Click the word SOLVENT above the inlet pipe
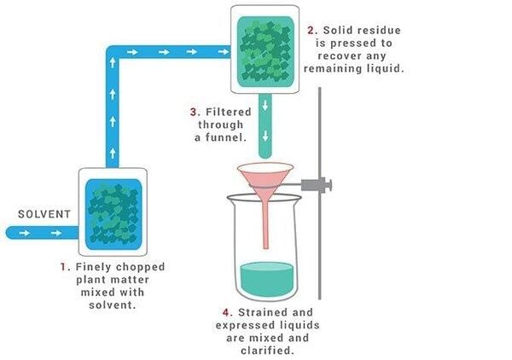coord(44,214)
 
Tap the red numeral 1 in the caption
coord(64,267)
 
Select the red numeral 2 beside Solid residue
coord(311,31)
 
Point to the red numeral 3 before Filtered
coord(195,113)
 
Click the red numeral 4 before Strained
coord(227,313)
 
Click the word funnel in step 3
coord(225,137)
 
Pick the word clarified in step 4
coord(266,351)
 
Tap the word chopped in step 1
coord(141,268)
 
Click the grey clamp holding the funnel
coord(316,185)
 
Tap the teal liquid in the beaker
coord(267,279)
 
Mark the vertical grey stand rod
coord(320,193)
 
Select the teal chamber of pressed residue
coord(265,52)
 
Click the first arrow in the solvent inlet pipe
coord(25,233)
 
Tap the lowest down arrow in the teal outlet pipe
coord(265,136)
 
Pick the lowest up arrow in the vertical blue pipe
coord(113,153)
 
